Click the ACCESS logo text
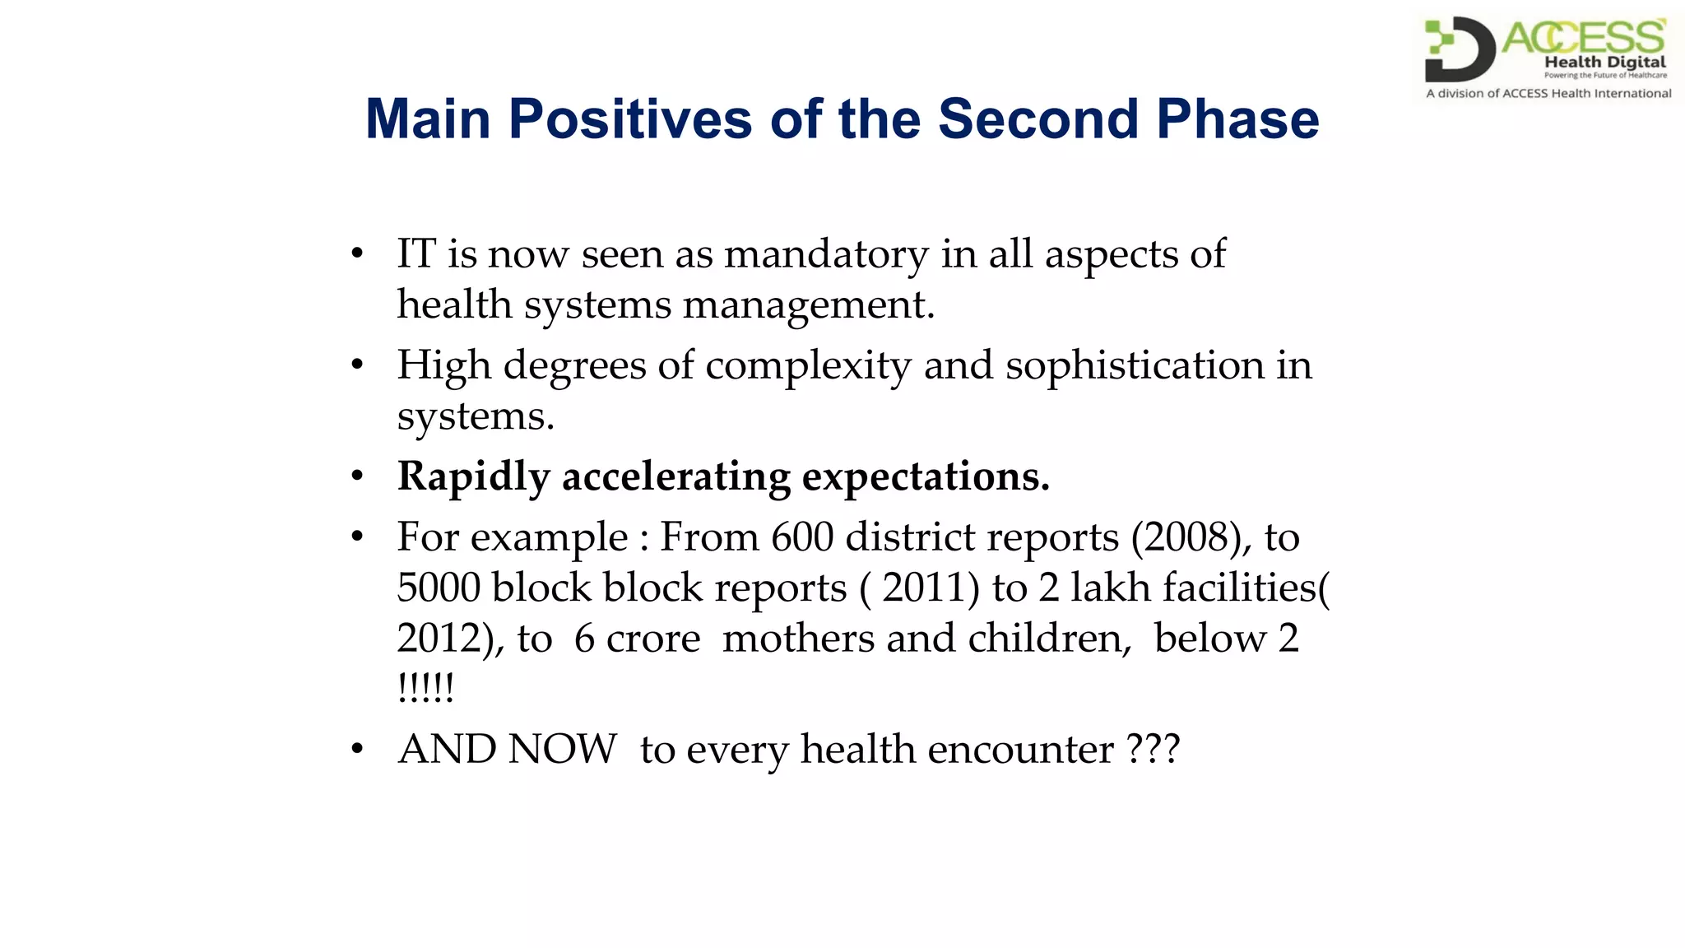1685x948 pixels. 1583,38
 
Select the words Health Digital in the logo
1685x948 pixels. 1604,62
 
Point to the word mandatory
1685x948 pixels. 825,254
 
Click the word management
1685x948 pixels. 808,305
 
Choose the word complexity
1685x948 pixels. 808,366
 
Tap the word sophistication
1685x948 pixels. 1135,366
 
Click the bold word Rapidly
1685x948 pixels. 473,477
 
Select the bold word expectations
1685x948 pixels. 926,477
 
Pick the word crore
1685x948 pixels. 653,639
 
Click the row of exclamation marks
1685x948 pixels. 425,688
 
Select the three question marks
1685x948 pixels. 1154,750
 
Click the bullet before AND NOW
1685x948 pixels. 356,750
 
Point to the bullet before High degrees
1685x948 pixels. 356,365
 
